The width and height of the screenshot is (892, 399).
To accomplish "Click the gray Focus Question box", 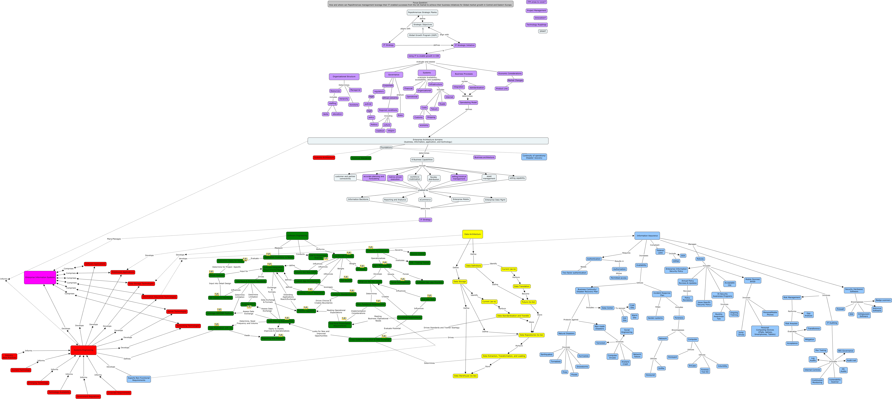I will click(420, 4).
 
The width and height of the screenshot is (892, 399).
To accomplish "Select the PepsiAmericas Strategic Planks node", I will click(422, 13).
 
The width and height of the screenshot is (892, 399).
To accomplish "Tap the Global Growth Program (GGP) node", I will click(423, 35).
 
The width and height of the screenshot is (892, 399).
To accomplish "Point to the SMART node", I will click(543, 31).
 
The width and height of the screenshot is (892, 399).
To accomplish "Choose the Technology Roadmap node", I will click(536, 25).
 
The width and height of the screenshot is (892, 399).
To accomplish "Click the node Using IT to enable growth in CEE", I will click(424, 56).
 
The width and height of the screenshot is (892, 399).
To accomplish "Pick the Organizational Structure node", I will click(344, 77).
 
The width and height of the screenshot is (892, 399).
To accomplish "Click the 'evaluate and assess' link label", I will click(426, 62).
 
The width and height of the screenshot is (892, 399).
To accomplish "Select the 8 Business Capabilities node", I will click(422, 160).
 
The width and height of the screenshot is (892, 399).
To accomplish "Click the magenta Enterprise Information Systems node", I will click(40, 277).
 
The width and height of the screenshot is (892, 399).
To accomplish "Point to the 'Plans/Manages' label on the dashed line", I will click(114, 239).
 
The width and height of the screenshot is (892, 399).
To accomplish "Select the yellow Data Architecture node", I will click(472, 234).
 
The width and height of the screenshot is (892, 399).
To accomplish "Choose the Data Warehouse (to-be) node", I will click(465, 376).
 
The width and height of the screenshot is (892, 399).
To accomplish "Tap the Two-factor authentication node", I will click(574, 273).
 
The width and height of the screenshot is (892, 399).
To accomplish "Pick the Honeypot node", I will click(672, 357).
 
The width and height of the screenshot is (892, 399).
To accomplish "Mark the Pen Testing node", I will click(820, 351).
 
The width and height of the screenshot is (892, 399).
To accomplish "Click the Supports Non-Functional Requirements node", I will click(139, 379).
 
